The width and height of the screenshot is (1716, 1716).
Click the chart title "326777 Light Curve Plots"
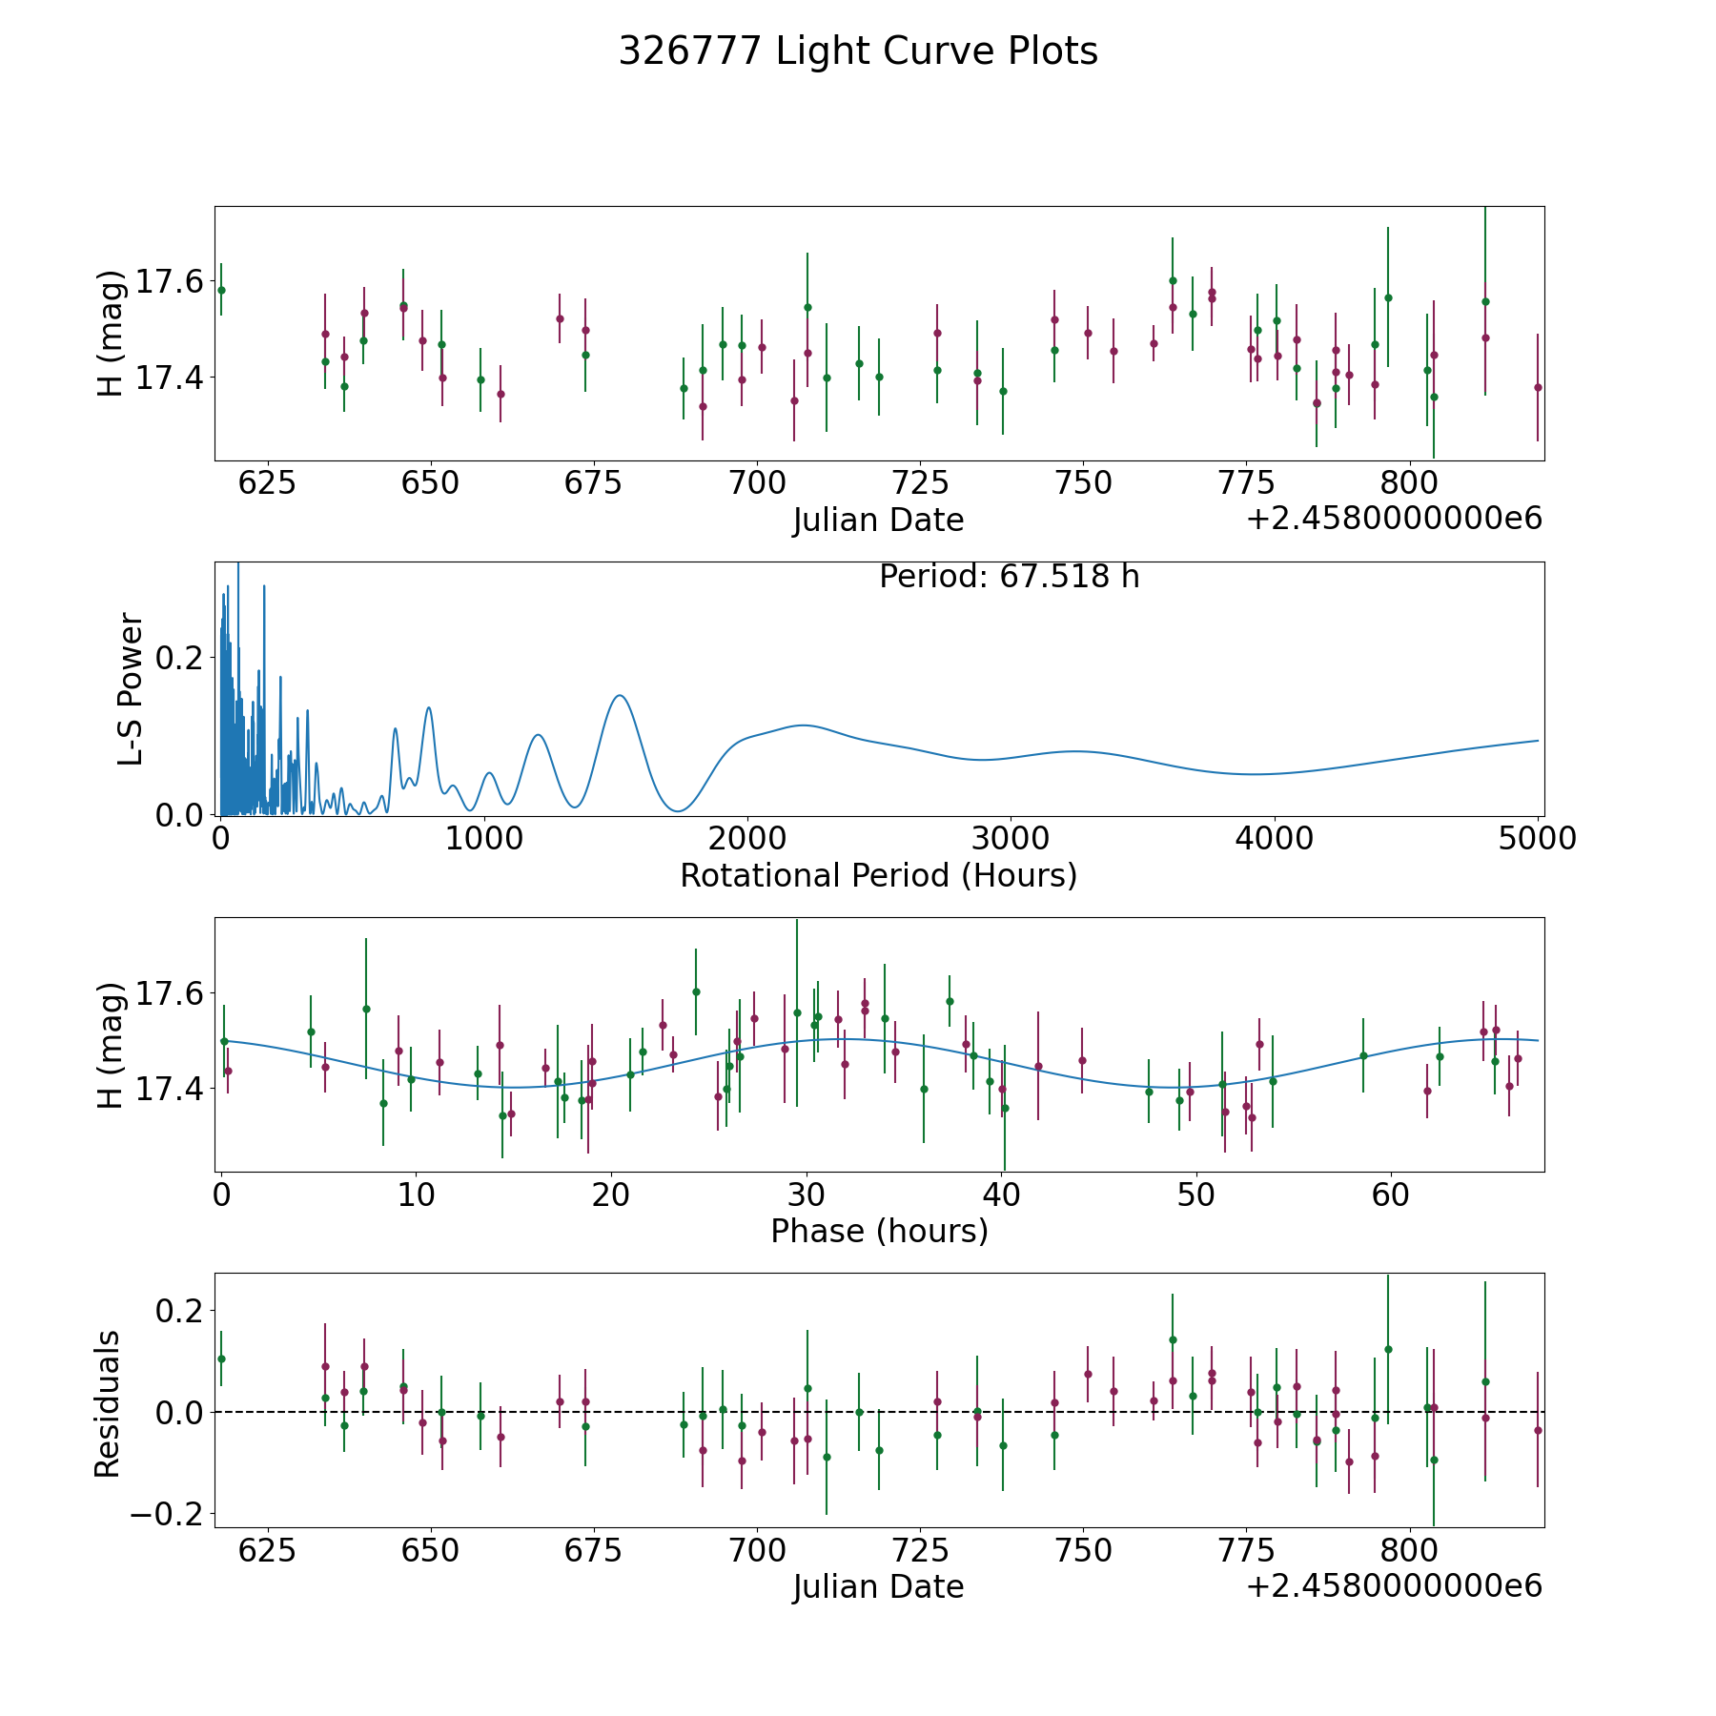click(x=858, y=51)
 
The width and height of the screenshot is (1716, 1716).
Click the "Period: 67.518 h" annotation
click(x=1009, y=577)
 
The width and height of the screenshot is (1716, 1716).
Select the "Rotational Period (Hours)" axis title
click(x=878, y=875)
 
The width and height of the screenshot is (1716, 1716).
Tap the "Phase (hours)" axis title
click(x=879, y=1231)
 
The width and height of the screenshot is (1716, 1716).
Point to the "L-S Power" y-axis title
click(x=131, y=689)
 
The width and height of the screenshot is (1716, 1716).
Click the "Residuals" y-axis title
click(x=108, y=1403)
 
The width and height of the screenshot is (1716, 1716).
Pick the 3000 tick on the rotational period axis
click(x=1011, y=838)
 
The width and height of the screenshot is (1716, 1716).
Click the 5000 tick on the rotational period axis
click(x=1538, y=838)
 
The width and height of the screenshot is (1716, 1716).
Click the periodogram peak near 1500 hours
click(x=621, y=696)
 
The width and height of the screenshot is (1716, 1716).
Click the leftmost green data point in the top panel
click(x=221, y=290)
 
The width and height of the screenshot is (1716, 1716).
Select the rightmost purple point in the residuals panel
click(x=1538, y=1430)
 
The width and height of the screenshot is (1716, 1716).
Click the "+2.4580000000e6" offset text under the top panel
click(x=1394, y=519)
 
